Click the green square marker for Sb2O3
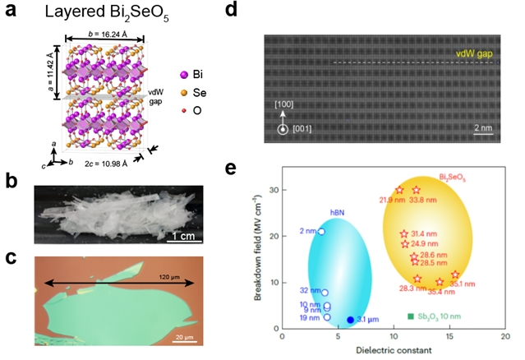pos(410,316)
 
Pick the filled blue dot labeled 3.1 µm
pos(350,320)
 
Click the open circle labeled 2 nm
pos(320,232)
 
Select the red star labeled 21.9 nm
pos(399,190)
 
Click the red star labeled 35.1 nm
pos(456,275)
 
